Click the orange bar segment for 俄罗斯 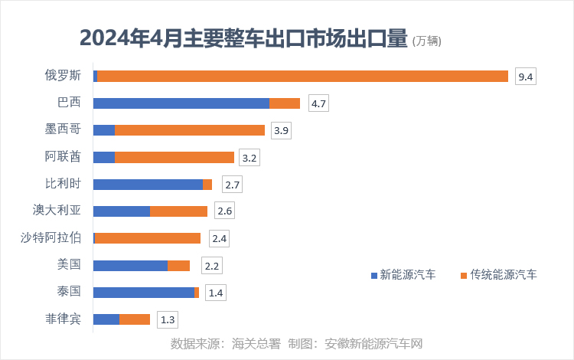click(x=302, y=76)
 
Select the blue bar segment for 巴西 click(x=181, y=103)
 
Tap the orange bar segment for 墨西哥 click(x=189, y=130)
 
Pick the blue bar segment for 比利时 click(x=148, y=185)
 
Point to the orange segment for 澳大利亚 click(x=178, y=211)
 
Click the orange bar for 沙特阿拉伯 click(x=148, y=238)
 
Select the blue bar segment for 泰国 click(x=143, y=293)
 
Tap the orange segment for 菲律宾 click(x=135, y=319)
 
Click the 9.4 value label click(x=525, y=76)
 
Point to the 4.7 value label click(x=318, y=103)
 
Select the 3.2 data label click(x=249, y=158)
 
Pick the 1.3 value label click(x=167, y=319)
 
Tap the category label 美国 click(x=69, y=265)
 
